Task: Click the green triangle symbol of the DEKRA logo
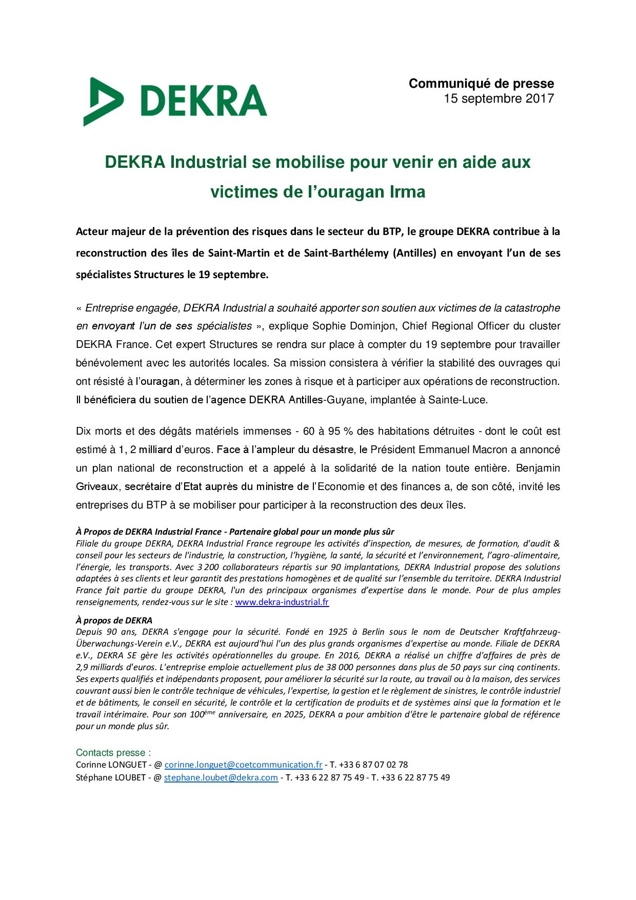[x=103, y=102]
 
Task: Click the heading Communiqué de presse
[x=481, y=84]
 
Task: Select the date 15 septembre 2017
[x=499, y=99]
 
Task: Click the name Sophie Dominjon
[x=354, y=326]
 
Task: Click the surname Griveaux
[x=97, y=486]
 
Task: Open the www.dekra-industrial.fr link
[x=282, y=602]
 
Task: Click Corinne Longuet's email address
[x=243, y=765]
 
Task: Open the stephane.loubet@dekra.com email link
[x=221, y=777]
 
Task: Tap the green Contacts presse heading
[x=113, y=753]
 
